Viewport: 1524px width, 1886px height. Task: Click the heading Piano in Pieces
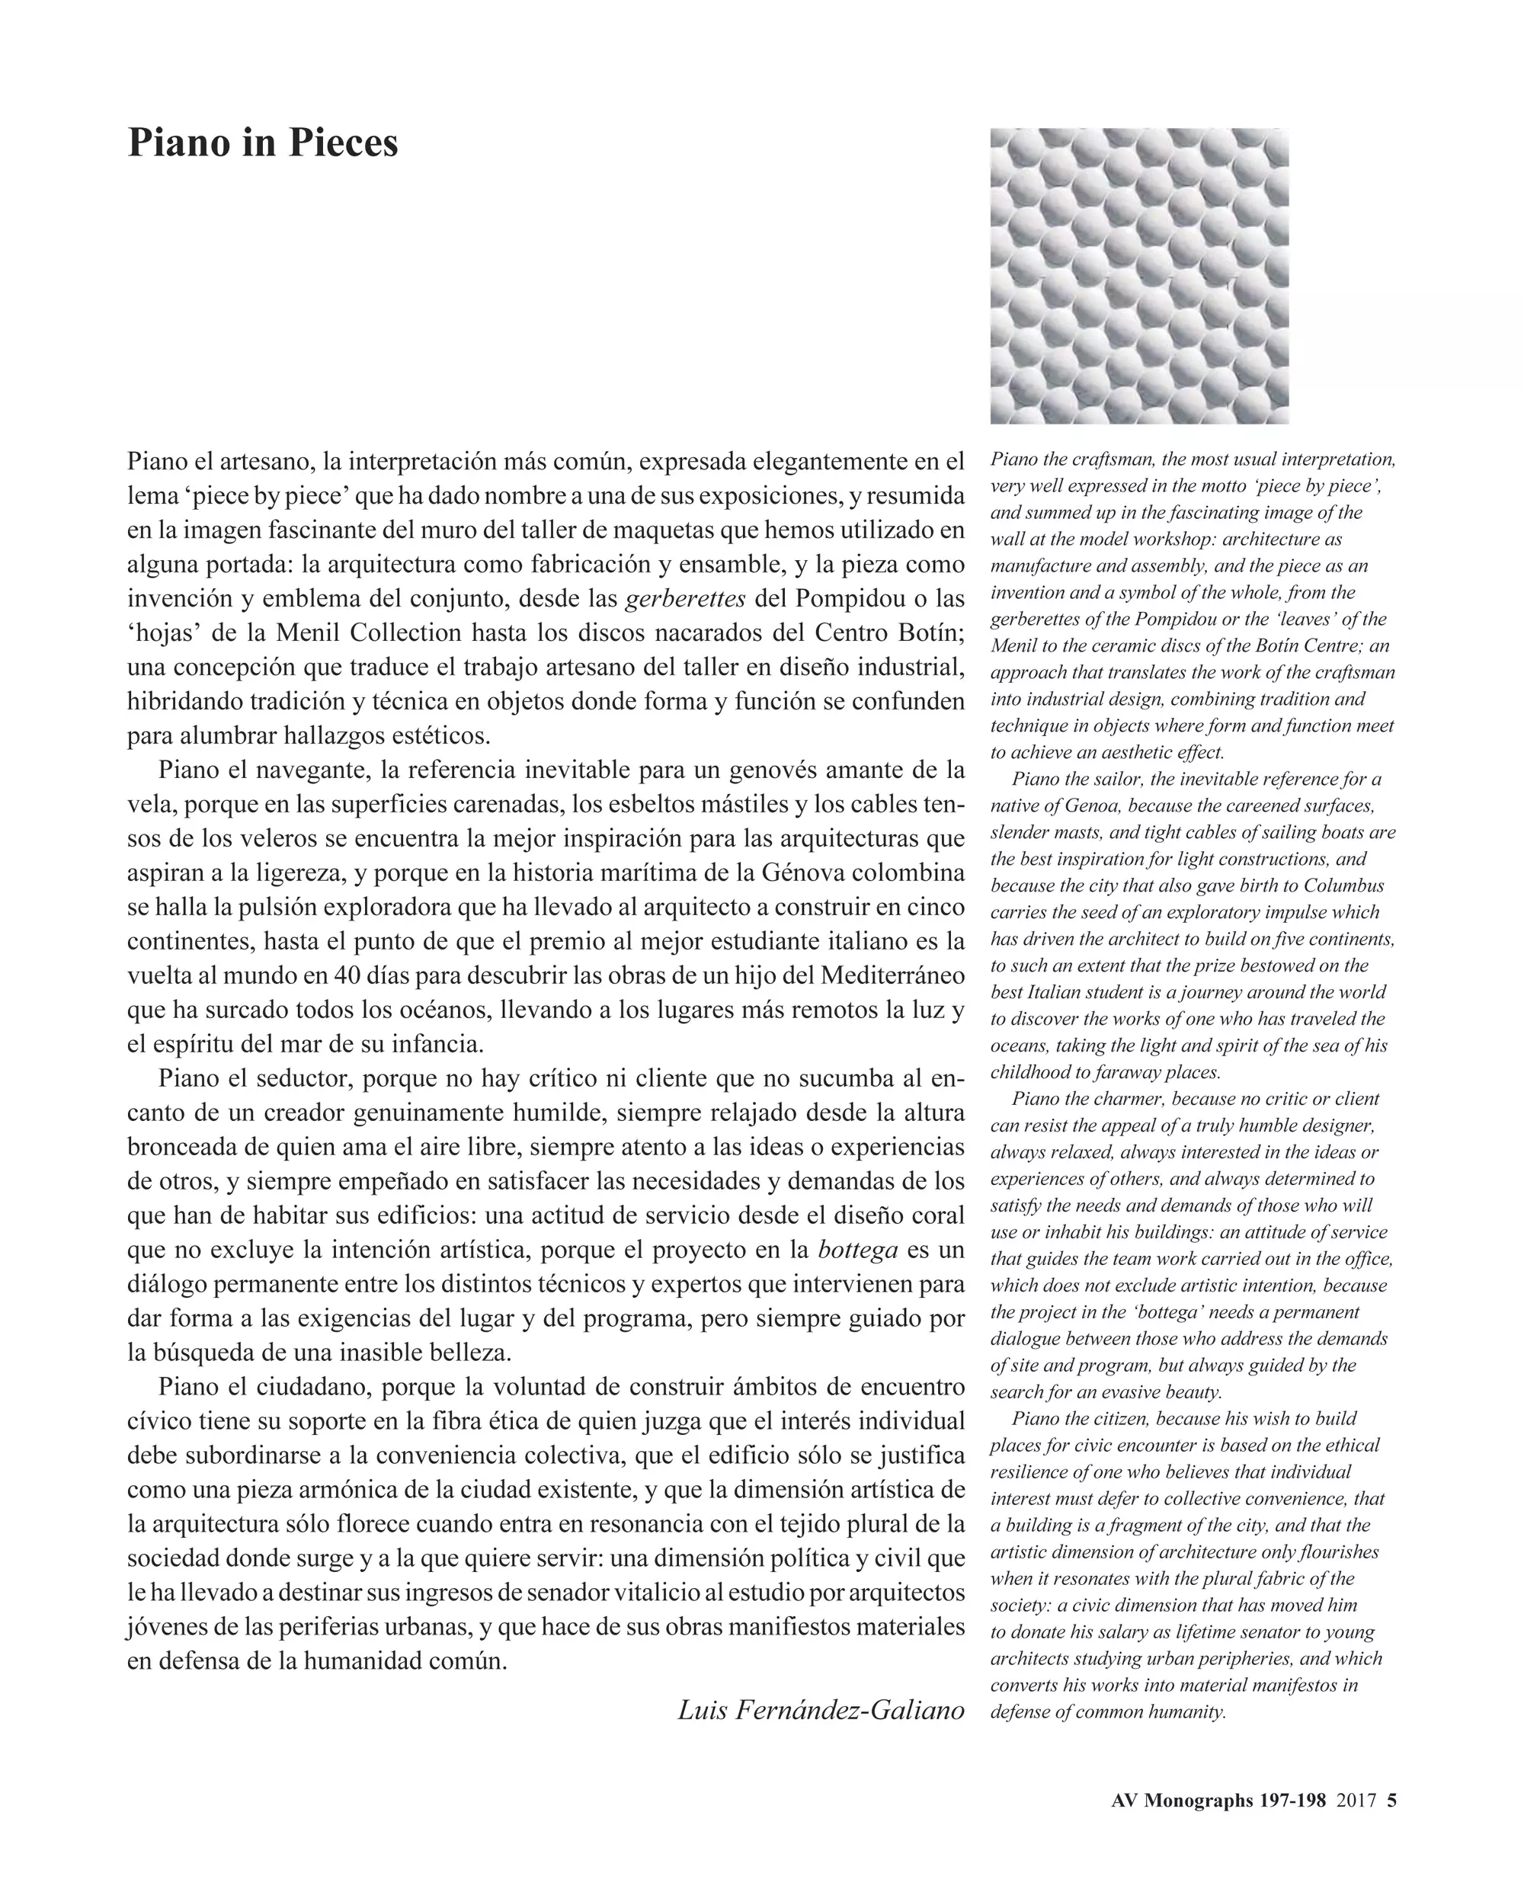262,142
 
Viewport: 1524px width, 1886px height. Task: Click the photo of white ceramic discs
1138,276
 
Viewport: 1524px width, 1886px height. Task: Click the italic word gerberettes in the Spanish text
685,599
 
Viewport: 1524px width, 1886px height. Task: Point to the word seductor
303,1078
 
